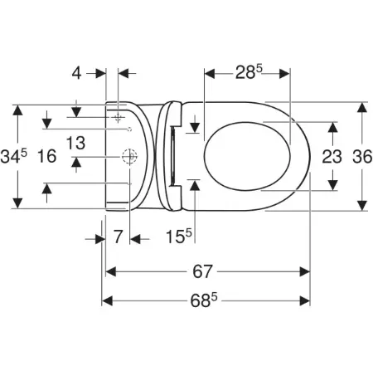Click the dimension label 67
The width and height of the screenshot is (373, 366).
click(202, 271)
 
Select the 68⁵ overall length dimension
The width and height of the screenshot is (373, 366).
click(204, 300)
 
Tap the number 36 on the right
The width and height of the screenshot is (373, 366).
click(362, 157)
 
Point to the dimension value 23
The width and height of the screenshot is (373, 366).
click(332, 157)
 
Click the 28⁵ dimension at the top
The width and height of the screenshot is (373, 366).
click(249, 72)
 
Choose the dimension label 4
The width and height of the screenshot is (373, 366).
click(76, 73)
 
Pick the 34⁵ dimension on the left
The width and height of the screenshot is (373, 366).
click(14, 156)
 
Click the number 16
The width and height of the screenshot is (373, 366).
click(47, 156)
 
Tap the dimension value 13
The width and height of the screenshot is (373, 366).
click(75, 143)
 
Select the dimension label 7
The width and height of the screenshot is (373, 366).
click(118, 237)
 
